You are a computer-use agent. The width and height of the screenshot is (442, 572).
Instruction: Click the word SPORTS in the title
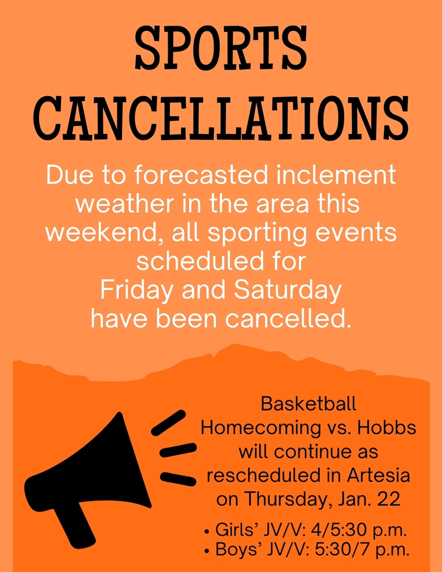(221, 49)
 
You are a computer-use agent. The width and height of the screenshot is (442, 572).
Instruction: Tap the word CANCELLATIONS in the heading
(221, 118)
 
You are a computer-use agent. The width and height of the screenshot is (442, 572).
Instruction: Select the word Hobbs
(387, 428)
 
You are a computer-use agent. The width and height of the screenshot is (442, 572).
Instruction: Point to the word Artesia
(378, 475)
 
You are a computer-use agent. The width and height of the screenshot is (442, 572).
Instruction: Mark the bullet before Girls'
(207, 531)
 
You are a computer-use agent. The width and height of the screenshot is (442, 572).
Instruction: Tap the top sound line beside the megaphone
(168, 423)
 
